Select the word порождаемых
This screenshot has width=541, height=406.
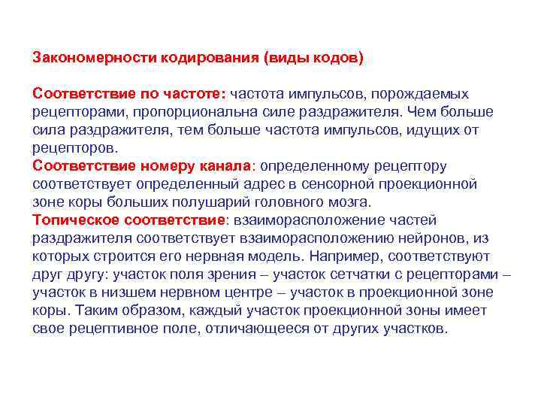[427, 94]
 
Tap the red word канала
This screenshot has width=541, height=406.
[223, 166]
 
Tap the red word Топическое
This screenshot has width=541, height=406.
[73, 220]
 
